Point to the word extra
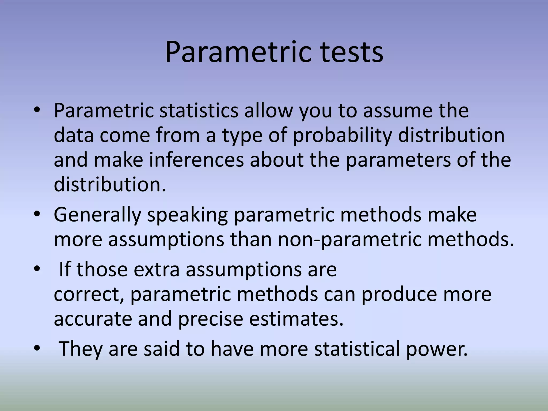(x=156, y=269)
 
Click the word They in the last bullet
(x=80, y=348)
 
